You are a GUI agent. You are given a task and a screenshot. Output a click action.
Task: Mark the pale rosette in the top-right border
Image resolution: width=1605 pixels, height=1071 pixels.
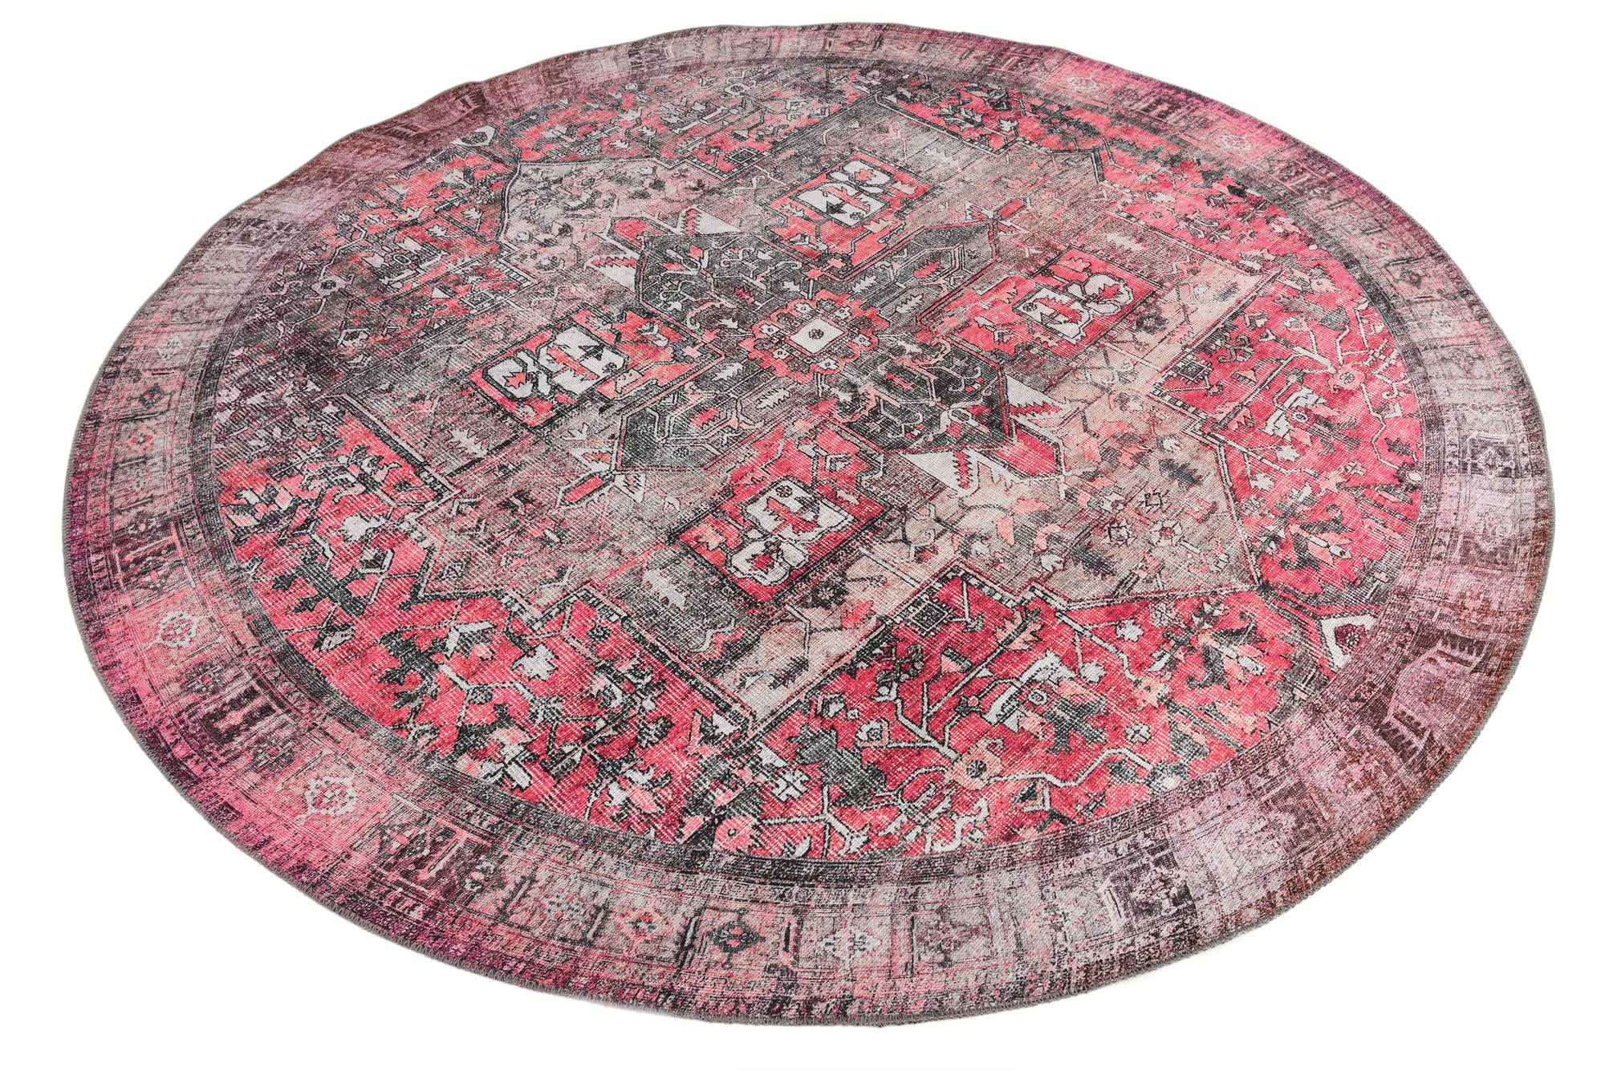coord(1228,141)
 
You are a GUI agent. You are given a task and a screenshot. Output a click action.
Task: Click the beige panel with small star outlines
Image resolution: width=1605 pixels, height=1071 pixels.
coord(1140,521)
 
